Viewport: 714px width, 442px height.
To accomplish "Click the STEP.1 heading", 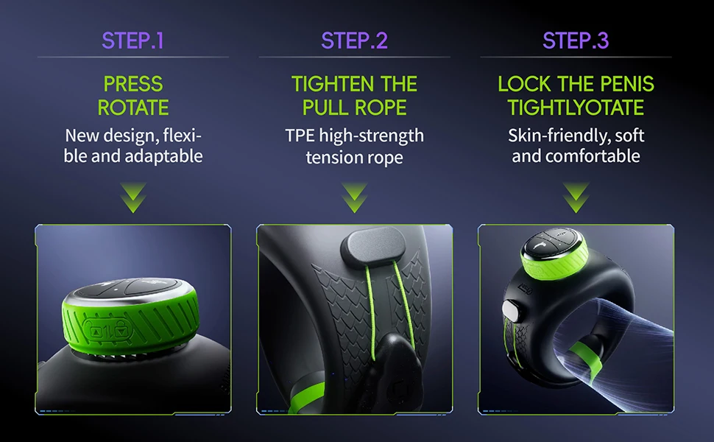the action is point(132,41).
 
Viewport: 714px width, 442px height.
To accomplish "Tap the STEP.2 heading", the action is point(354,41).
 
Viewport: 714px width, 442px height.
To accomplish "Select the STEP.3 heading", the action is point(576,41).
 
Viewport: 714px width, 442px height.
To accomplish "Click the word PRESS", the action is point(133,84).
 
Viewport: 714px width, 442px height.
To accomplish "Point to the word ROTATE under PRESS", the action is point(133,108).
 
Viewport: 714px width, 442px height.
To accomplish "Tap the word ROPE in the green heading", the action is point(381,108).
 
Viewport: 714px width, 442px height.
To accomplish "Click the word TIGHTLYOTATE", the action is point(576,108).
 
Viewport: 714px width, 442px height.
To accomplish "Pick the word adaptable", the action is point(163,156).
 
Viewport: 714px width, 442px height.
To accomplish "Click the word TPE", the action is point(300,136).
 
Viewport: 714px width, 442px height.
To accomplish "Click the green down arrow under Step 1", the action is point(133,197).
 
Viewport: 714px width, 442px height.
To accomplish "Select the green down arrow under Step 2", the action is point(354,197).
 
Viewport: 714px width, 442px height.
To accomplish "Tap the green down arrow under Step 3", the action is point(576,197).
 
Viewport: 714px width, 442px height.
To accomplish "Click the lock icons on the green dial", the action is point(108,331).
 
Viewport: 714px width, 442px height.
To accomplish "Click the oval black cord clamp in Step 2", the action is point(373,247).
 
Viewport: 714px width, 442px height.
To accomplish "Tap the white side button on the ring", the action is point(510,310).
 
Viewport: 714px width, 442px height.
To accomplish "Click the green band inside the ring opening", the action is point(586,362).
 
